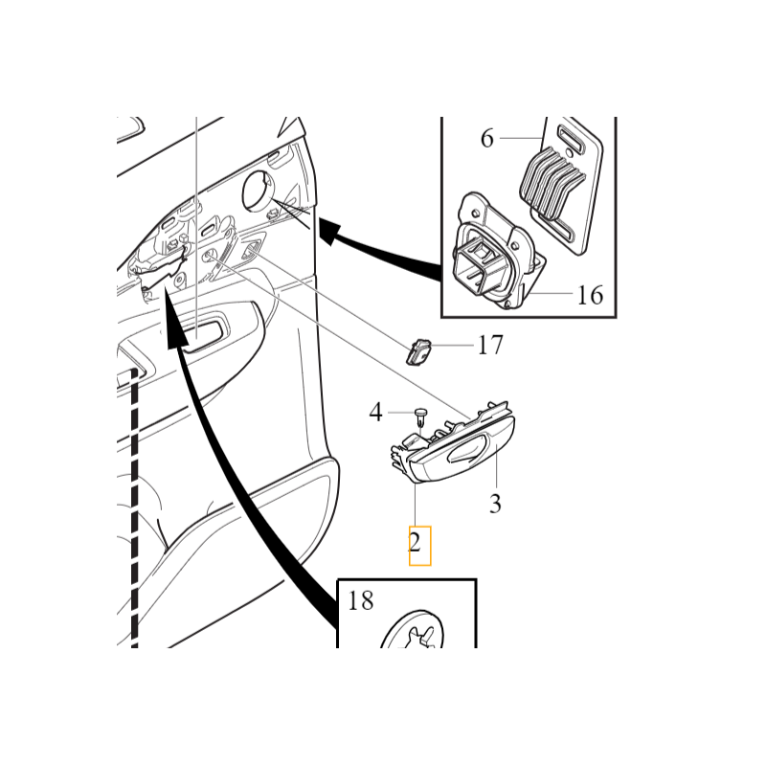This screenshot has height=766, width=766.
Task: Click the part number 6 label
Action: point(487,138)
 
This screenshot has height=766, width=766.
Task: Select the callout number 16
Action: point(590,295)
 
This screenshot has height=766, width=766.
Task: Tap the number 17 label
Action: point(489,345)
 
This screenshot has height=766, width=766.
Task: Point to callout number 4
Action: point(375,413)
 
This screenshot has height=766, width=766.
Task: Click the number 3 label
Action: point(495,504)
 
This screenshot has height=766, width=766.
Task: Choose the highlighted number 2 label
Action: point(415,542)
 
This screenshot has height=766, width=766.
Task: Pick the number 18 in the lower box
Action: point(361,600)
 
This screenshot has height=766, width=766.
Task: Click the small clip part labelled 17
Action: point(419,351)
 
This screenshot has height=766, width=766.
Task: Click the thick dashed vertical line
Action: point(135,508)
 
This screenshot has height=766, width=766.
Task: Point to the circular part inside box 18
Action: point(412,629)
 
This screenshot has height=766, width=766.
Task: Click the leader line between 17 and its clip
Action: point(452,345)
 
